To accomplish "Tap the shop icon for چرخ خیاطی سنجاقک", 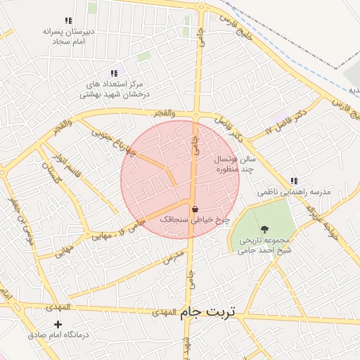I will click(195, 209).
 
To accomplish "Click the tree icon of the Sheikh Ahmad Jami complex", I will click(265, 229).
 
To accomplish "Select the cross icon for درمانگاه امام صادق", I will click(58, 324).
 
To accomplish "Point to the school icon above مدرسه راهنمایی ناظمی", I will click(293, 181).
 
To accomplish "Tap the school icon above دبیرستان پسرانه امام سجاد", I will click(67, 21).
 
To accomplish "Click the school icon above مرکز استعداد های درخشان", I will click(113, 72).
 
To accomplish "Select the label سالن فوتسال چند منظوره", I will click(235, 165).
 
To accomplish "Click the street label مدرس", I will click(173, 255).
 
